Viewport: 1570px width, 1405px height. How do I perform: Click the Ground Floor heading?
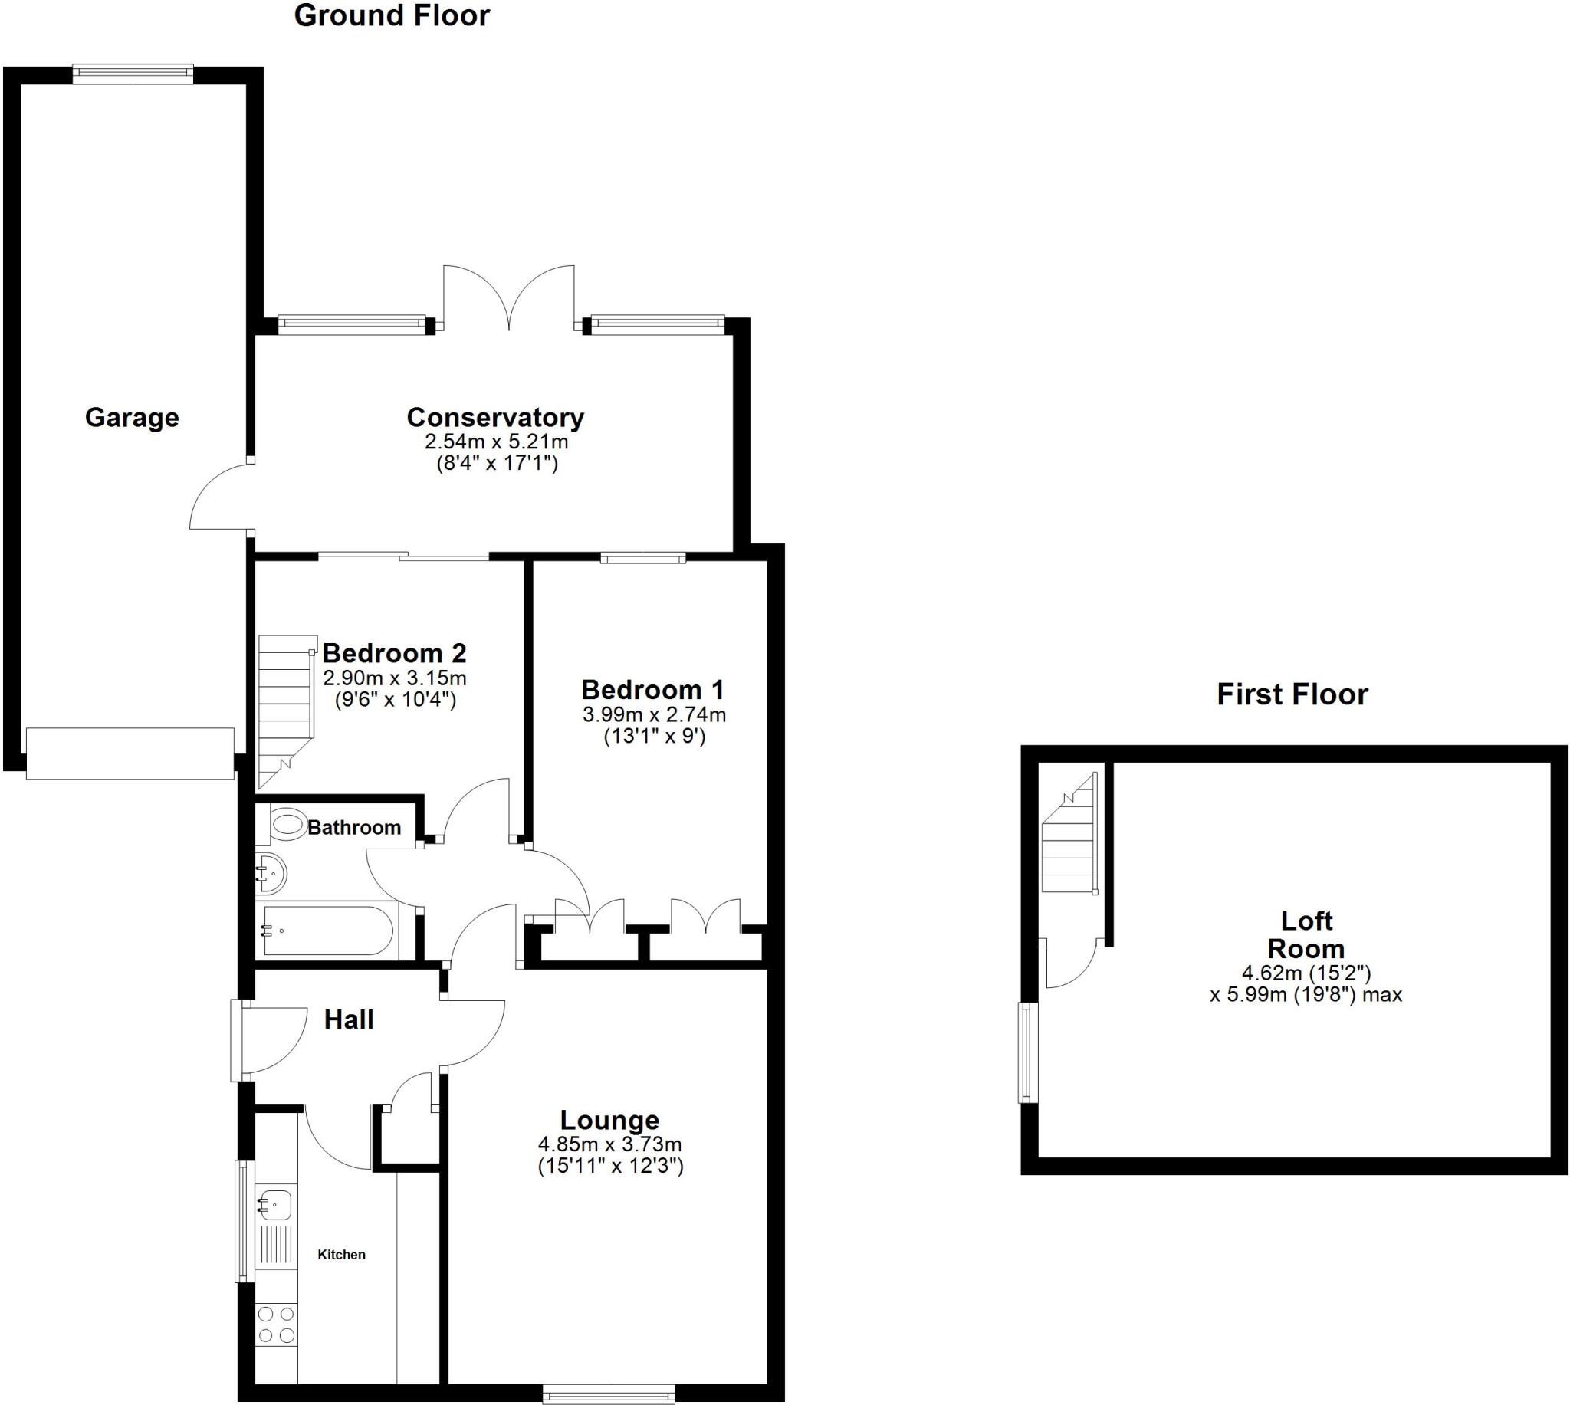(x=391, y=16)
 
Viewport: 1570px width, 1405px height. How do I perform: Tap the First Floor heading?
(x=1292, y=694)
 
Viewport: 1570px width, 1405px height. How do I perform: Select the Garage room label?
(x=132, y=418)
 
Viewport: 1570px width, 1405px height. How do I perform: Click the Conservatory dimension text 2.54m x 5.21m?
(x=495, y=442)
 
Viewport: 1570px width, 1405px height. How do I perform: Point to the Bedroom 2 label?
(x=394, y=653)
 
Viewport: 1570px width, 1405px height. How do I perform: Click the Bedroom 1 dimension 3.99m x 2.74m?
(x=654, y=715)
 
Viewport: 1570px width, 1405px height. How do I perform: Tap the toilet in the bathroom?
(x=287, y=826)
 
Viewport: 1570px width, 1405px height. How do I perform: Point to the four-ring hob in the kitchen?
(x=275, y=1324)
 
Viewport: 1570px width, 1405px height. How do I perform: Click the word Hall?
(x=349, y=1019)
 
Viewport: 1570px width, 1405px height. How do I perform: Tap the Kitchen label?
(x=341, y=1256)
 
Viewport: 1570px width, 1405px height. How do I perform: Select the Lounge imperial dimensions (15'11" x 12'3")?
(x=609, y=1166)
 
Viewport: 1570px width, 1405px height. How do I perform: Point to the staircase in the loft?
(x=1069, y=837)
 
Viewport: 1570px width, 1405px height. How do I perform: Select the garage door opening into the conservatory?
(x=220, y=498)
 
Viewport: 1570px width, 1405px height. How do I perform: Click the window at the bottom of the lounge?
(x=608, y=1394)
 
